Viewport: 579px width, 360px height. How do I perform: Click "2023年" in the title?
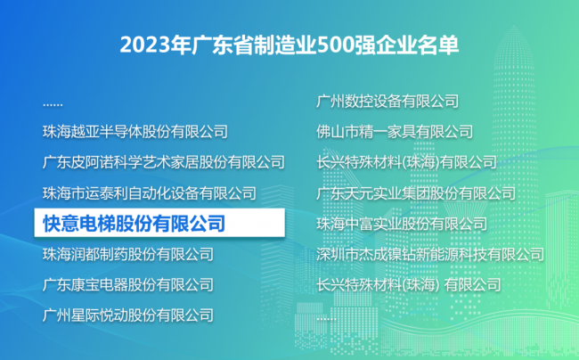pos(156,45)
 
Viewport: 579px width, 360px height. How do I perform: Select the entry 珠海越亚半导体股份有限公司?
pos(135,132)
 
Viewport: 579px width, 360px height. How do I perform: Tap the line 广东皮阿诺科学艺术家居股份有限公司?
pos(164,162)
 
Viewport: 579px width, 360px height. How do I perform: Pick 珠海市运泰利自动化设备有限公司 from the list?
pos(150,193)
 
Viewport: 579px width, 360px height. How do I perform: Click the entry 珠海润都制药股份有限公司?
pos(128,254)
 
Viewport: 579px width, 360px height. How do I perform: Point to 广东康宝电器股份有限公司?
pos(128,285)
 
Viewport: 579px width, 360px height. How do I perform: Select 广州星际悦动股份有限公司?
pos(128,315)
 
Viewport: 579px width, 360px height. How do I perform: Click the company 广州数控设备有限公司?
pos(387,102)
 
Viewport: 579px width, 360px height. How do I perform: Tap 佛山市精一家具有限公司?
pos(395,132)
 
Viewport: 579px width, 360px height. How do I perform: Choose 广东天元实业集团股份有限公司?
pos(416,193)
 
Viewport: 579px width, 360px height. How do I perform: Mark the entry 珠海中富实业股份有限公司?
pos(402,224)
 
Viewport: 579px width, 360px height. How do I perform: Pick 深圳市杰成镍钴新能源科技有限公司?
pos(430,254)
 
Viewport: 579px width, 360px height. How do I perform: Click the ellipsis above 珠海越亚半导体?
pos(53,105)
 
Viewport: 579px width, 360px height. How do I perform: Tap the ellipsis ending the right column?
pos(326,318)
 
